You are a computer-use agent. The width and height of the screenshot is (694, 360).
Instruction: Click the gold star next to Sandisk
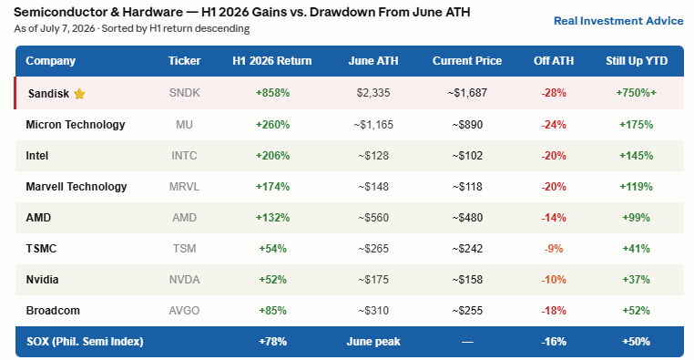(x=79, y=94)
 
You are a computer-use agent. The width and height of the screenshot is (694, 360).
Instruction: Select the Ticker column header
(x=184, y=61)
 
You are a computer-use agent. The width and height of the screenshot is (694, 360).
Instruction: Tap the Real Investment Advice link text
(x=618, y=21)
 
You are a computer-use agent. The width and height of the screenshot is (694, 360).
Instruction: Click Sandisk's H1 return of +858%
(x=272, y=93)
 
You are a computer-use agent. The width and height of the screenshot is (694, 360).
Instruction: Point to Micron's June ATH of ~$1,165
(x=373, y=125)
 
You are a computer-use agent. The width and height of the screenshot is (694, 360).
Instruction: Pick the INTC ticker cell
(x=184, y=156)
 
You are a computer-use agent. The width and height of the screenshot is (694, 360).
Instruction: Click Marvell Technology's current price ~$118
(x=467, y=187)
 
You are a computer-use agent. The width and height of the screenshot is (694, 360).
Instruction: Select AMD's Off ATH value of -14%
(x=553, y=218)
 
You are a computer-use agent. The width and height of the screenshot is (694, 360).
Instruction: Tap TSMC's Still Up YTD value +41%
(x=636, y=249)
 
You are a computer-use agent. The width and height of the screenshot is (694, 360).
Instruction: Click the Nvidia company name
(x=42, y=280)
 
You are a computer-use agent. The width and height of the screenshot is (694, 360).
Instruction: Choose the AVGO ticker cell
(x=184, y=311)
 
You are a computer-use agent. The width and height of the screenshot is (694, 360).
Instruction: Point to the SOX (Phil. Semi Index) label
(x=85, y=342)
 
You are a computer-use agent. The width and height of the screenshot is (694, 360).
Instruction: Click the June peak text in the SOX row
(x=373, y=342)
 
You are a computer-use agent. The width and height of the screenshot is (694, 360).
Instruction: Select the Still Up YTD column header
(x=637, y=61)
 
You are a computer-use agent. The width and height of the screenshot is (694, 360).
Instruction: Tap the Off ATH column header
(x=553, y=61)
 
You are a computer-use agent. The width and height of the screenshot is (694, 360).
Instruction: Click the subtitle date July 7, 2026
(x=67, y=29)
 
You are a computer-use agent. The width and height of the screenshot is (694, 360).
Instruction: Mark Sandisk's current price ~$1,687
(x=467, y=93)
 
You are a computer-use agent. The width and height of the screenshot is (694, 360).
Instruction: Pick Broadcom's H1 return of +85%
(x=272, y=311)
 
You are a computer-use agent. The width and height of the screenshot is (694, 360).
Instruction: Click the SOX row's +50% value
(x=636, y=342)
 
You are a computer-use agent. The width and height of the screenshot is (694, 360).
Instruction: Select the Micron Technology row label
(x=76, y=125)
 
